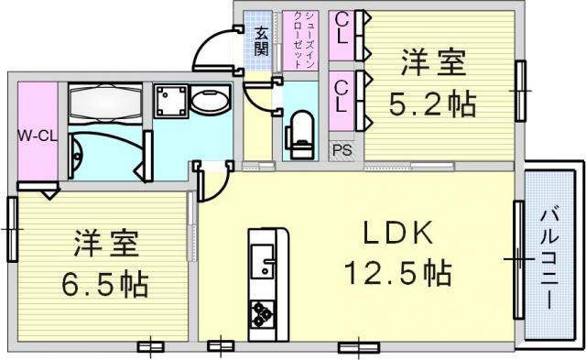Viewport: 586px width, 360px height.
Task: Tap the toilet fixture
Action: [299, 135]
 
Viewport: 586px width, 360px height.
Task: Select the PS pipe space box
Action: [342, 150]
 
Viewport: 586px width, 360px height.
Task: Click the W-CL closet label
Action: [38, 136]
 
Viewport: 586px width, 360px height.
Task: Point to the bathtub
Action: [105, 104]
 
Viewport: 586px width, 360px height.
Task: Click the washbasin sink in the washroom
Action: [210, 99]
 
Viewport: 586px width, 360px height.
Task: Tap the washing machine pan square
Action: [171, 101]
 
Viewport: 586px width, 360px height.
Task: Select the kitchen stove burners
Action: [262, 313]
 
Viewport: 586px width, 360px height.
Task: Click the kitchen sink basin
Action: [263, 260]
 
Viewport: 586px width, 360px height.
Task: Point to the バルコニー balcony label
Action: [549, 259]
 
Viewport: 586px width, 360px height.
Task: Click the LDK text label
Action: [398, 233]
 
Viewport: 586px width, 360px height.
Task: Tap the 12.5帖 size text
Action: [398, 273]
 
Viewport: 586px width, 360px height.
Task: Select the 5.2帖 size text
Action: [433, 104]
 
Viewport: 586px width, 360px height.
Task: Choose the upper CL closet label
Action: [342, 28]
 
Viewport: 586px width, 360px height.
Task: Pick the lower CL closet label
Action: [341, 97]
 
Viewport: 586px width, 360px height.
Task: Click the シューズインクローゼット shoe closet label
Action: [299, 39]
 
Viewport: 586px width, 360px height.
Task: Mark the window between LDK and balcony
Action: [519, 259]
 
